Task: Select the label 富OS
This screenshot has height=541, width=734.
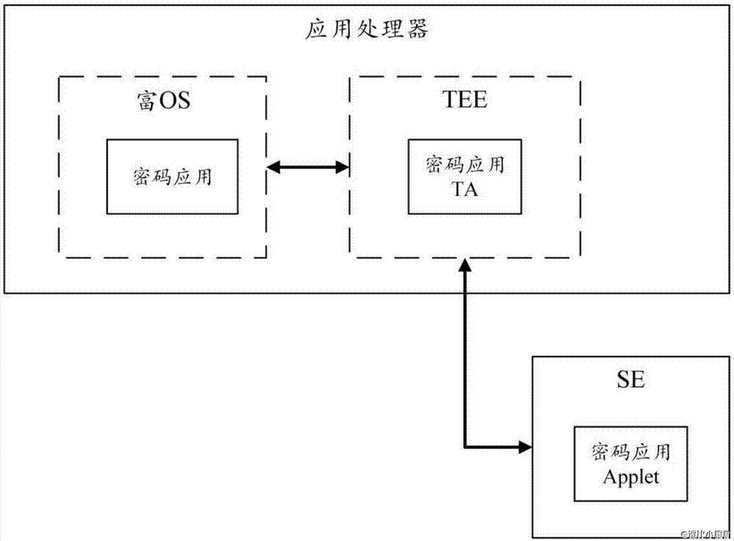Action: coord(163,100)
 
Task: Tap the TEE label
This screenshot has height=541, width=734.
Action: coord(466,100)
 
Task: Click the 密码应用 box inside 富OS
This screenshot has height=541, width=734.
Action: coord(173,177)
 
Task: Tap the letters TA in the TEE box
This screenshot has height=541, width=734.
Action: coord(465,189)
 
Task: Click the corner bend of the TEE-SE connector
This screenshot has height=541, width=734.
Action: coord(465,446)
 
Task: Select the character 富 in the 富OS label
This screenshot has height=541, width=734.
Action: coord(146,100)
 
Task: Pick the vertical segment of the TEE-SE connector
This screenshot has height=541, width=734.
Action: coord(465,360)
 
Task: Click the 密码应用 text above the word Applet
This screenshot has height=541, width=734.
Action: coord(631,453)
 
